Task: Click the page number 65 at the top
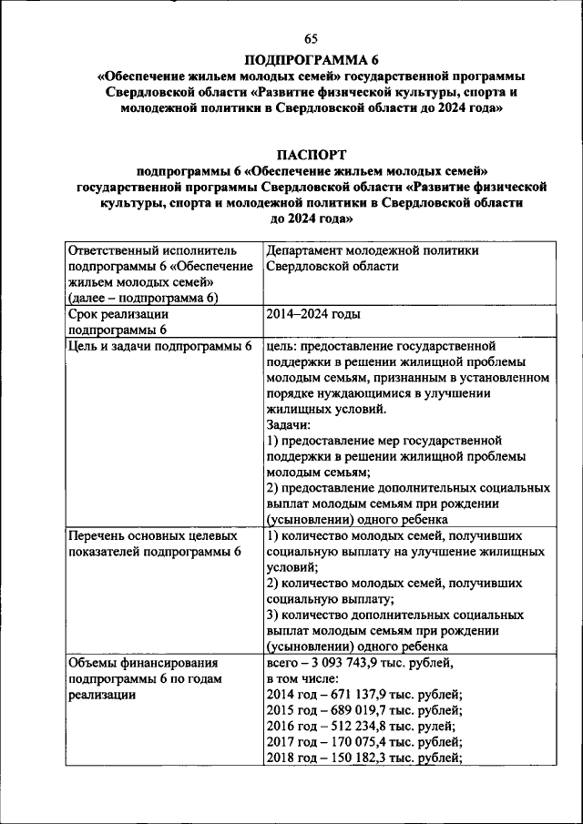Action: (312, 37)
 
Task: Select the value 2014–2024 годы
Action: (312, 315)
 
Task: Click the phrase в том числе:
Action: (302, 678)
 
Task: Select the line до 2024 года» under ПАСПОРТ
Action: (312, 219)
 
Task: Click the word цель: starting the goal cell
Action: (283, 347)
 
